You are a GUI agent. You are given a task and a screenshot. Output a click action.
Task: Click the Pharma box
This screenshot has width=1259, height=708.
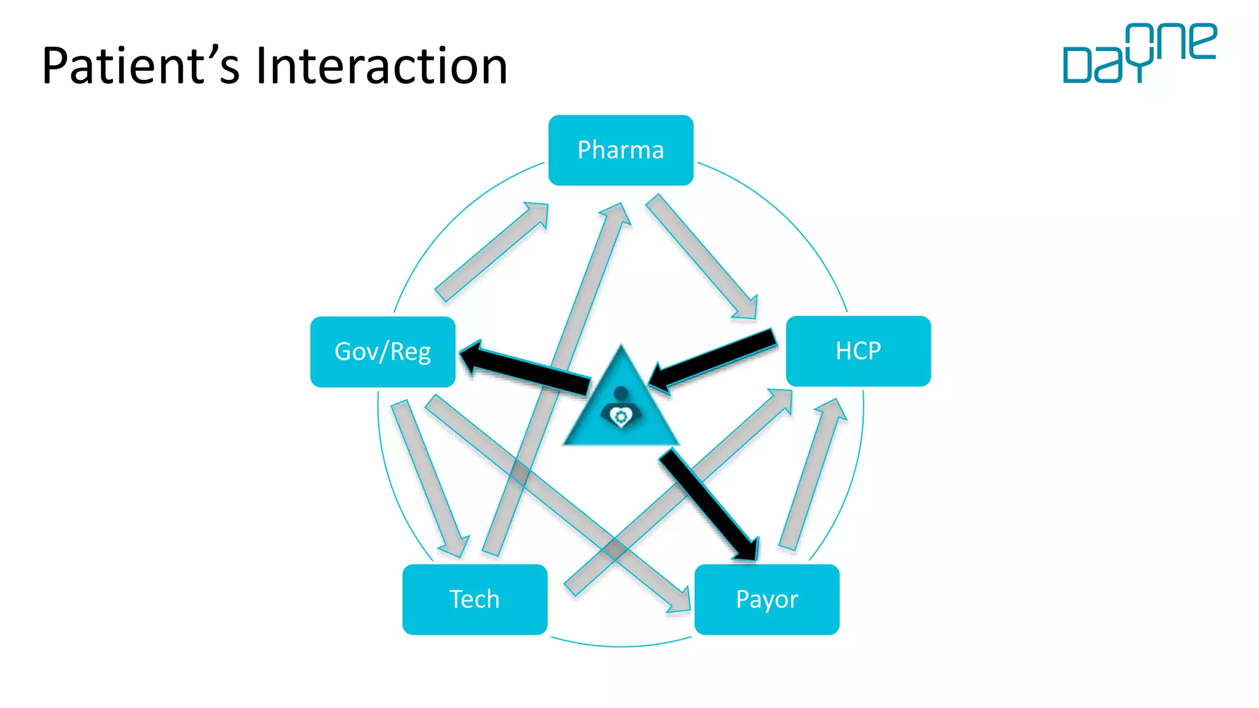[621, 150]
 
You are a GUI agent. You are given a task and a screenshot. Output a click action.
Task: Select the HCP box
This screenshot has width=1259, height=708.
[858, 351]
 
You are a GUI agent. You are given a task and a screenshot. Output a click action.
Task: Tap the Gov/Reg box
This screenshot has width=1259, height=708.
[382, 352]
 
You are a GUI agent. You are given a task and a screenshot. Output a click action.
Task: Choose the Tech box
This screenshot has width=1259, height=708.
[475, 599]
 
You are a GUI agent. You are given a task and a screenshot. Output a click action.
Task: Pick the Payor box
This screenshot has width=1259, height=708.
[767, 599]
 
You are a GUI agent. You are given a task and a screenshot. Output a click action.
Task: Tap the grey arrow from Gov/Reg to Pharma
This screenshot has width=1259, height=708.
[492, 252]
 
